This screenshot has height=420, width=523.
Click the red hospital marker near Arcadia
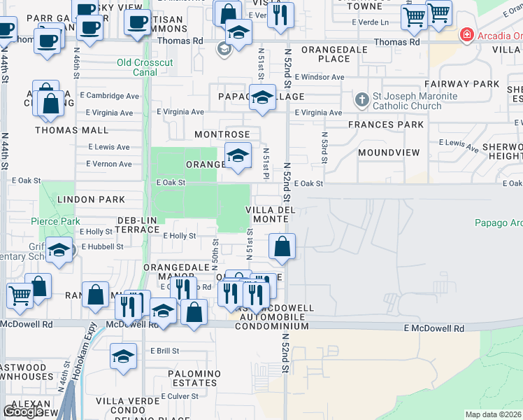[x=466, y=35]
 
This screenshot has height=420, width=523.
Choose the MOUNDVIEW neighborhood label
[x=388, y=153]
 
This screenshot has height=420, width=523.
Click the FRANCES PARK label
[x=389, y=125]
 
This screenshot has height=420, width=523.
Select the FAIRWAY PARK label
[x=470, y=84]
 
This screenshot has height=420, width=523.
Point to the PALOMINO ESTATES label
[x=194, y=378]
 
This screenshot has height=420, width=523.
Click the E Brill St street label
[x=164, y=351]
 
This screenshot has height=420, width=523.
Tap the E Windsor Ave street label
[x=320, y=77]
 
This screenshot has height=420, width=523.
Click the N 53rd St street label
[x=324, y=148]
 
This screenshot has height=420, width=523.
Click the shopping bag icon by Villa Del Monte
[x=282, y=247]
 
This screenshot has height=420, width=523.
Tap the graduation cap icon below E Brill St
[x=123, y=357]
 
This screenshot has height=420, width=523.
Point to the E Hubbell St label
[x=102, y=246]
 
